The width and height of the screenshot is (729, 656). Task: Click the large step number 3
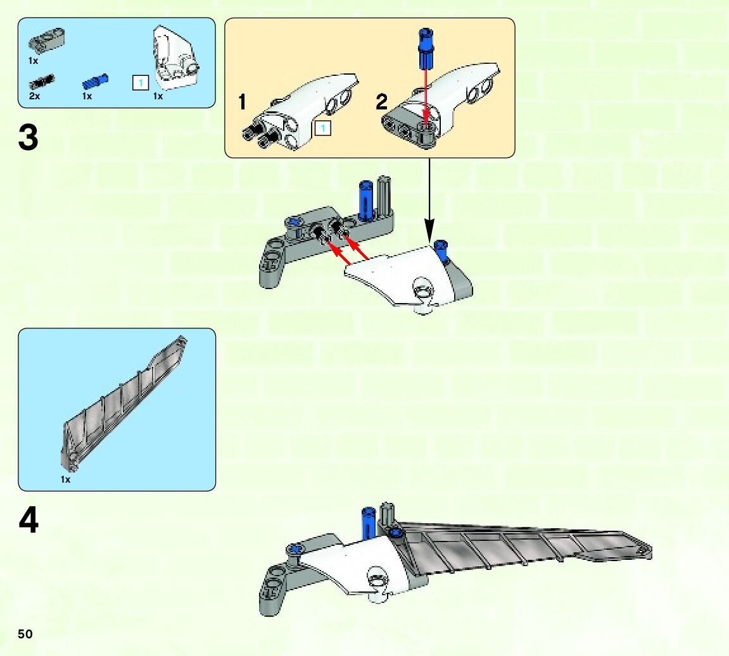point(29,138)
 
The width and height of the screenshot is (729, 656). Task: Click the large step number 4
point(29,521)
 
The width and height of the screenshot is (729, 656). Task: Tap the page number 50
point(25,634)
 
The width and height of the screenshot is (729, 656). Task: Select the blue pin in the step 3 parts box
point(95,81)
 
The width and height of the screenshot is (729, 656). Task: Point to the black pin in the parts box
point(42,82)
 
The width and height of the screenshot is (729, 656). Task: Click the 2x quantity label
point(34,96)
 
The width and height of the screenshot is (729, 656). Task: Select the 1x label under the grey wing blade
point(65,480)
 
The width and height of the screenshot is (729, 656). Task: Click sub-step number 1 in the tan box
point(242,102)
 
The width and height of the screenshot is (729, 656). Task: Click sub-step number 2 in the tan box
point(381,102)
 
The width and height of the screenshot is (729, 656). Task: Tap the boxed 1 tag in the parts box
point(140,82)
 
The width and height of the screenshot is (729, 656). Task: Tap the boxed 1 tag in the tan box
point(322,129)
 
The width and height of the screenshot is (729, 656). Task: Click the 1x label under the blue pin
point(87,96)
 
